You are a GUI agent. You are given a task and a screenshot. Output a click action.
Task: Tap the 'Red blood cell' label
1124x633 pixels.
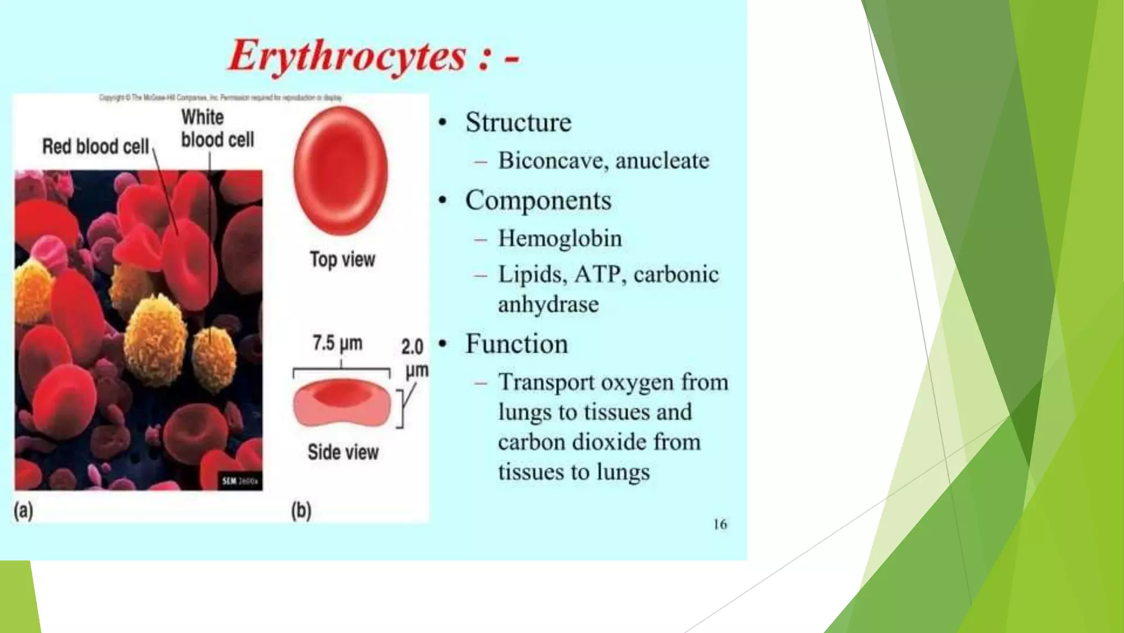tap(95, 147)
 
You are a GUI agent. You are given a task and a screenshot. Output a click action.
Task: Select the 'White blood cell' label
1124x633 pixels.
tap(217, 129)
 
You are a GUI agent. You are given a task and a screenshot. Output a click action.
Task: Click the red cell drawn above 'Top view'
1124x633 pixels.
tap(340, 170)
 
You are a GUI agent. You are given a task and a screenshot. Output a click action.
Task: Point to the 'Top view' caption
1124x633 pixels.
tap(342, 259)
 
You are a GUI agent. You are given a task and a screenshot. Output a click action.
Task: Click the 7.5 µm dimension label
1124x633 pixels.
tap(338, 343)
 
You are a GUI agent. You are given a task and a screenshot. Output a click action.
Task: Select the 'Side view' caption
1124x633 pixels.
tap(343, 452)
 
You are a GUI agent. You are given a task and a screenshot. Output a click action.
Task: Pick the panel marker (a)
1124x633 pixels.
tap(23, 511)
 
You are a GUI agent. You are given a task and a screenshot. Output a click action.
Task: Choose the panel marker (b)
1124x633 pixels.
tap(301, 511)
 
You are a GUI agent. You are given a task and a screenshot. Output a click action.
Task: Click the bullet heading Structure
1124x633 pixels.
tap(518, 122)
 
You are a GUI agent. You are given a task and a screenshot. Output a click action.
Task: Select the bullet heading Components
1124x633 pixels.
tap(538, 200)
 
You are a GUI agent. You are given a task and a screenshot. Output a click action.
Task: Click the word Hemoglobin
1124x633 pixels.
tap(560, 238)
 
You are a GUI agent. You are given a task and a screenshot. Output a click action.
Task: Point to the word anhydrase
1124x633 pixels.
tap(548, 304)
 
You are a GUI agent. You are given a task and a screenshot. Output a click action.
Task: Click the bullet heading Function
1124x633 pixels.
tap(516, 344)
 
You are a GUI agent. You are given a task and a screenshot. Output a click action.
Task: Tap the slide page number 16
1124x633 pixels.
tap(720, 524)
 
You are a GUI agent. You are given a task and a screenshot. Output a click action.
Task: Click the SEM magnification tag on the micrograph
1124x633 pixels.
tap(240, 481)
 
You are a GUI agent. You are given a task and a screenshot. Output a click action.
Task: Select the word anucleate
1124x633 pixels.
tap(662, 160)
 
